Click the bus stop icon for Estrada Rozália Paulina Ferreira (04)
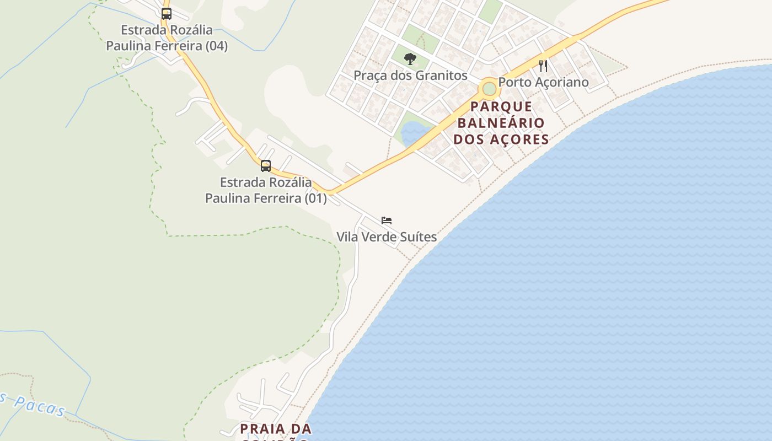(x=167, y=14)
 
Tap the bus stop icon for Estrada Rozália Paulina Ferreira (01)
(x=266, y=165)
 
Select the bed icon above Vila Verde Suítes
(x=387, y=220)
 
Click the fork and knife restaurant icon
(x=543, y=66)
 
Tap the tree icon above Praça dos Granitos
(x=410, y=58)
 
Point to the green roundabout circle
(x=489, y=88)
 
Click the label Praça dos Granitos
(x=410, y=76)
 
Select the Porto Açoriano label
(x=543, y=82)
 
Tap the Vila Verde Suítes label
(x=387, y=237)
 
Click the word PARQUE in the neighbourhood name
(x=502, y=106)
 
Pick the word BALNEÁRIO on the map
(x=501, y=122)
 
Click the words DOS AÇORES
(x=501, y=139)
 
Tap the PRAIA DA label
(x=276, y=428)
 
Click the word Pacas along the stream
(x=40, y=406)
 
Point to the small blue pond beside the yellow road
(x=412, y=133)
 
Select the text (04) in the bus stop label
(x=216, y=46)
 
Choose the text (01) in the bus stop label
(x=315, y=198)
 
